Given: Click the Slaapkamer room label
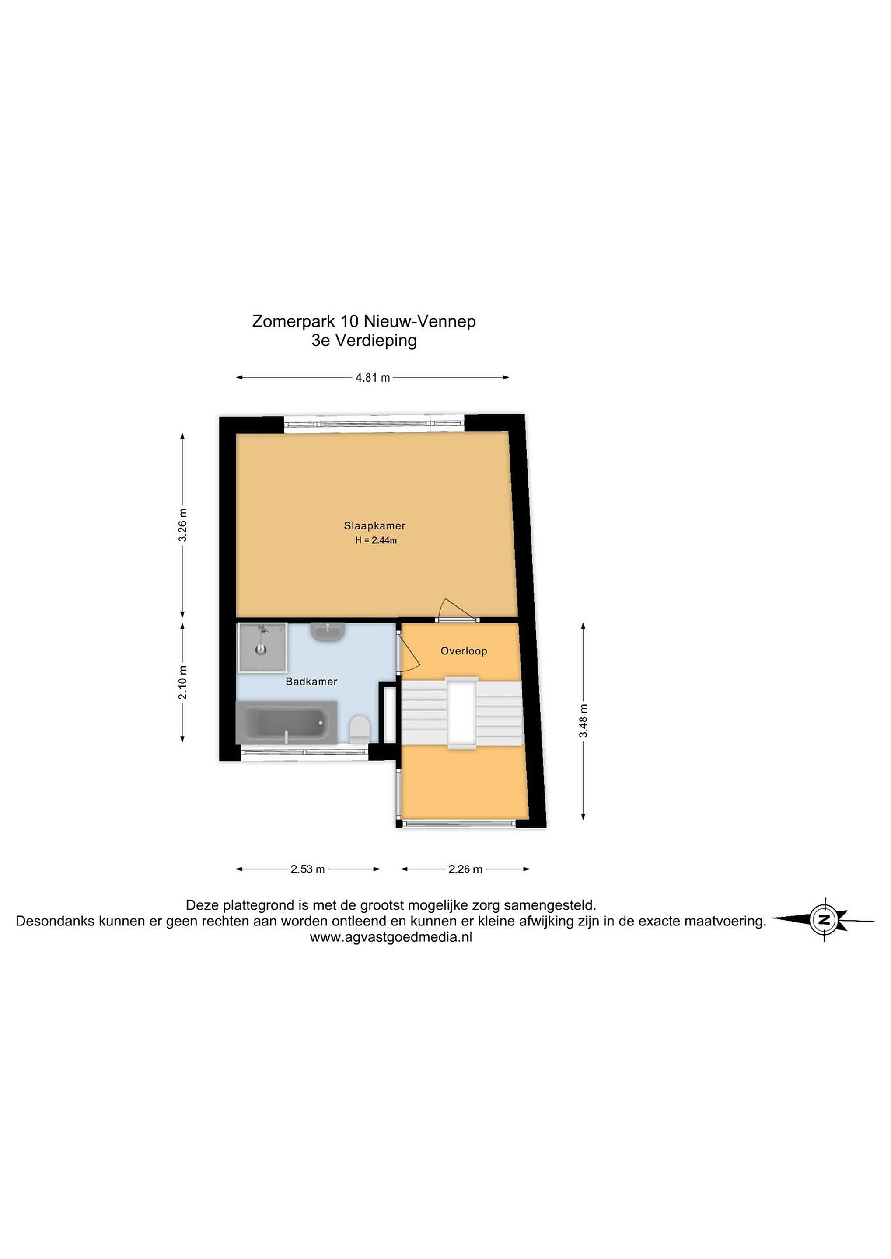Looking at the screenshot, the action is [x=375, y=525].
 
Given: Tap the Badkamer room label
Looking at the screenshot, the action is [x=311, y=682].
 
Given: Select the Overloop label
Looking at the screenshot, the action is [x=464, y=651].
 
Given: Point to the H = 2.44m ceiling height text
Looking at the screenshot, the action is [x=376, y=540].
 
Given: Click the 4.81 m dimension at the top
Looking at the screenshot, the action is [x=373, y=377].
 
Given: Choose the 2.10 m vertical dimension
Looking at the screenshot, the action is [x=183, y=682].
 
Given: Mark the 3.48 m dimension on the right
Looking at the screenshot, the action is [x=583, y=721].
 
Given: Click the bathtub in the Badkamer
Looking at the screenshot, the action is [x=287, y=722].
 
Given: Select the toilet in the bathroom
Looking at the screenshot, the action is [x=360, y=729].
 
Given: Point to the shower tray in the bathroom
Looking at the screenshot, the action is [x=262, y=647].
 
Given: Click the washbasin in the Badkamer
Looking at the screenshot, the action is [x=328, y=632].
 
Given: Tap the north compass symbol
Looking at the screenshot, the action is [x=824, y=920].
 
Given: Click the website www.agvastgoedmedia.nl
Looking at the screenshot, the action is [x=391, y=937].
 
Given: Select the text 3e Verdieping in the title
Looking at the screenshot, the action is [x=364, y=341].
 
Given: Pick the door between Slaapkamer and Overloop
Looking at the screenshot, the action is [x=457, y=610].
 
